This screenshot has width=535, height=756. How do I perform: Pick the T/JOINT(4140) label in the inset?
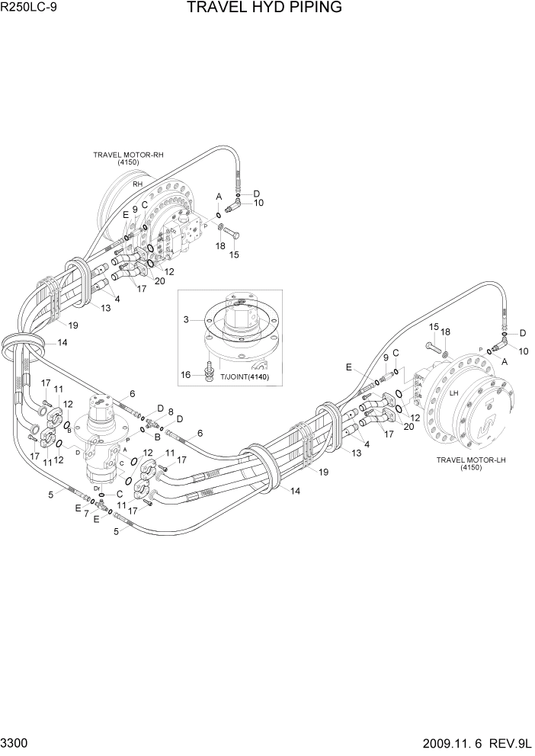pos(245,376)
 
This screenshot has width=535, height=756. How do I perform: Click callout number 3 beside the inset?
pos(186,321)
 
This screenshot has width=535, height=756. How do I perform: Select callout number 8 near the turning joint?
pos(170,412)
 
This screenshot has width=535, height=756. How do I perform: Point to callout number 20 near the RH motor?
pos(159,280)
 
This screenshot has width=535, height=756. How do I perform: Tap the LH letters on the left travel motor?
pos(453,393)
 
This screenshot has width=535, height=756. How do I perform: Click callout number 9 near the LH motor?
pos(386,357)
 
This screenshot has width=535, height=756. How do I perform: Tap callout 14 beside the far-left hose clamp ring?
pos(62,343)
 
